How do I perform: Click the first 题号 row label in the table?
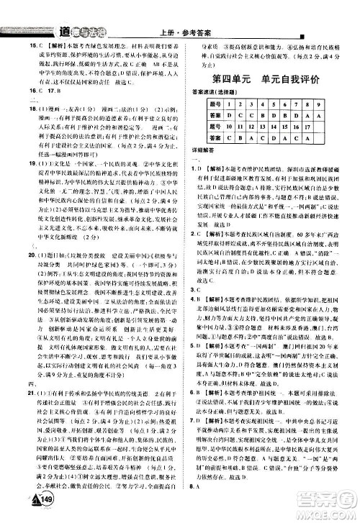click(x=207, y=104)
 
